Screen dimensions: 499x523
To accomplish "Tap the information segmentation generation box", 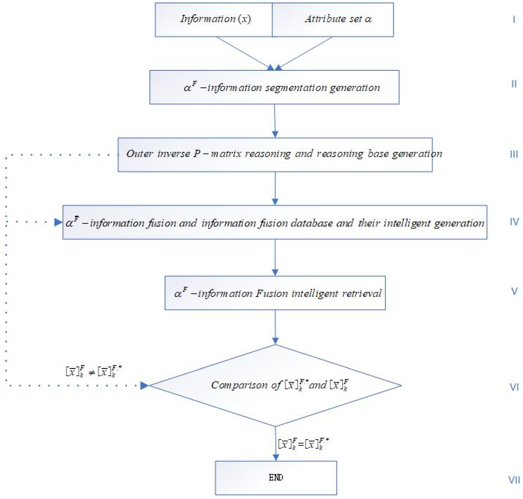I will click(x=274, y=87).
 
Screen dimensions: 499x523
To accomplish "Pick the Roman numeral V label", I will click(x=514, y=291).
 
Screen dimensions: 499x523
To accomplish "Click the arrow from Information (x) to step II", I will click(x=244, y=53).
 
